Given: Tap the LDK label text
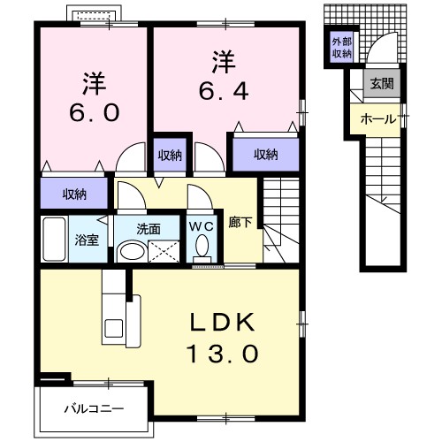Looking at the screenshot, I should pyautogui.click(x=222, y=324).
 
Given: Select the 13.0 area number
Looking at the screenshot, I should pyautogui.click(x=222, y=354).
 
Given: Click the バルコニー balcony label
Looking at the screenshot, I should pyautogui.click(x=93, y=408).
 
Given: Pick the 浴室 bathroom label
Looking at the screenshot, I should pyautogui.click(x=87, y=240).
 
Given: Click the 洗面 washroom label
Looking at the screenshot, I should pyautogui.click(x=148, y=228).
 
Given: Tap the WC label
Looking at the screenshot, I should pyautogui.click(x=202, y=226).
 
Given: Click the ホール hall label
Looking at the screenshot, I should pyautogui.click(x=378, y=117).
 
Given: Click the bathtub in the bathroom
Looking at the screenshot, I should pyautogui.click(x=54, y=239).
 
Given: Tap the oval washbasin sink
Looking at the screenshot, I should pyautogui.click(x=132, y=252).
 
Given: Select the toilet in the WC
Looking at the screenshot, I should pyautogui.click(x=202, y=250).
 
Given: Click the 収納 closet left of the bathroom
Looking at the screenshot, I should pyautogui.click(x=74, y=194).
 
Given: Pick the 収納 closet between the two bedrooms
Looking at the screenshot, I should pyautogui.click(x=170, y=155).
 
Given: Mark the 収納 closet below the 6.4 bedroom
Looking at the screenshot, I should pyautogui.click(x=265, y=155).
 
